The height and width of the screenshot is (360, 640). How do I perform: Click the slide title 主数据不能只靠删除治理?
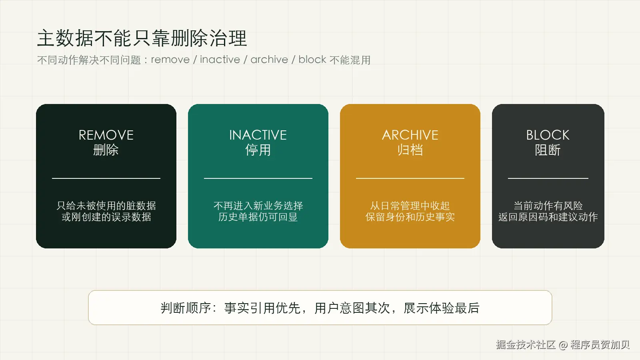(x=142, y=38)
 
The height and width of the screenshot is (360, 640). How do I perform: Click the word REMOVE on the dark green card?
(x=106, y=135)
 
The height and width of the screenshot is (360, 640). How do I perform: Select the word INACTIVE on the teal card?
(x=258, y=135)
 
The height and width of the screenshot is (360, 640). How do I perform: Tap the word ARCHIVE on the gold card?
(x=410, y=135)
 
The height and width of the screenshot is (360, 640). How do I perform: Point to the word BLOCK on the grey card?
(x=548, y=135)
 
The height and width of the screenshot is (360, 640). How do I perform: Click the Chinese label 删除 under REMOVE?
(x=106, y=150)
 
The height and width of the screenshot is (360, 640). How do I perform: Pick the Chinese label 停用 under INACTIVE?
(x=258, y=150)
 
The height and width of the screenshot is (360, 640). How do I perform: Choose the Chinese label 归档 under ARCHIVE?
(x=410, y=150)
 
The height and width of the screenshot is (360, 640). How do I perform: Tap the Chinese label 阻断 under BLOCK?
(x=548, y=150)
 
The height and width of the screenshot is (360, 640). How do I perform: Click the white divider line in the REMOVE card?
(x=106, y=178)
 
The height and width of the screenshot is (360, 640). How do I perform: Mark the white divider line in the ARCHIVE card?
(x=410, y=178)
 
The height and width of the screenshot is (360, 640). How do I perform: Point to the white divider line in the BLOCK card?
(x=548, y=178)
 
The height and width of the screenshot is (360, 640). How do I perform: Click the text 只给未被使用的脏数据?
(x=106, y=206)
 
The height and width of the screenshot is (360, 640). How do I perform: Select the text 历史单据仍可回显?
(x=258, y=217)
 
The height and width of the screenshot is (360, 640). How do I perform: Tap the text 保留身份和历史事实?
(x=410, y=217)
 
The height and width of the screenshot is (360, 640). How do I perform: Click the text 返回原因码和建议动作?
(x=548, y=217)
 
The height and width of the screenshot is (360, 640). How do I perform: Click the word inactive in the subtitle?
(x=220, y=60)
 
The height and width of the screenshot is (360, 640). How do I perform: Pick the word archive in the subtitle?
(x=269, y=60)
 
